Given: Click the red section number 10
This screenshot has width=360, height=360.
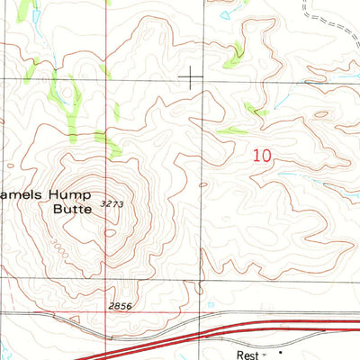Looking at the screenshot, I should point(262,155).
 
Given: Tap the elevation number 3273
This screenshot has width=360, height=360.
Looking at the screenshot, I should point(112,205).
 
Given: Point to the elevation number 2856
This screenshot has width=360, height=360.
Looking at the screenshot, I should point(120,306).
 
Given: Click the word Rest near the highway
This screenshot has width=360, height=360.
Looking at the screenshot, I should point(248,355).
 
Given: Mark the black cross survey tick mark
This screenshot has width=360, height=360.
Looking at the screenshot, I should point(191,77).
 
